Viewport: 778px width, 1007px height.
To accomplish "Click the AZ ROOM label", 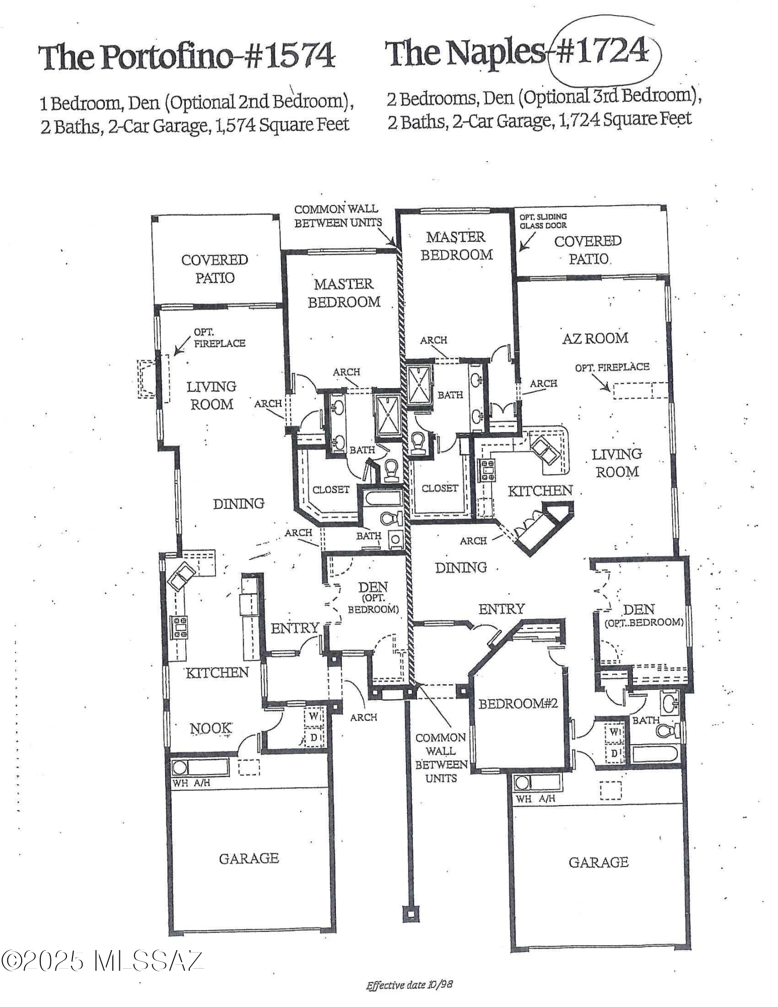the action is [x=595, y=338].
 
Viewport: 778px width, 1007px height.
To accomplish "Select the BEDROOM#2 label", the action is [x=518, y=703].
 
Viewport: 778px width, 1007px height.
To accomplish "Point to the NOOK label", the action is [x=211, y=728].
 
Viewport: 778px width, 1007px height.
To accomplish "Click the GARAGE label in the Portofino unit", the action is [x=249, y=858].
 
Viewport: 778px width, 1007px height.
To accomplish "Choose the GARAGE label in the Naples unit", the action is [x=598, y=862].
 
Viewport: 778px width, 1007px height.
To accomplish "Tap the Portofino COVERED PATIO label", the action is [x=215, y=268].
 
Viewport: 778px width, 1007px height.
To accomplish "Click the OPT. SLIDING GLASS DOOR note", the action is [x=543, y=221].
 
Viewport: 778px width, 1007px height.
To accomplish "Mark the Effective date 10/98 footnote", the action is [x=409, y=984].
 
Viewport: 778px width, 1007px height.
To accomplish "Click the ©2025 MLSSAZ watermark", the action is [x=102, y=960].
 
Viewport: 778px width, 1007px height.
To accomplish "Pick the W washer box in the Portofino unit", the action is [x=313, y=715].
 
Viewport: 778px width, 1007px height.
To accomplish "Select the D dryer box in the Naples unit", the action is [x=614, y=754].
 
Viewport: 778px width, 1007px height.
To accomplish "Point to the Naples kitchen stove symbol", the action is [x=487, y=470].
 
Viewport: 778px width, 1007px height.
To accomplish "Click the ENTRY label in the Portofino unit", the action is [x=295, y=628].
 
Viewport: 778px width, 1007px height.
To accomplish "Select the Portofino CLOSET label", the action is [x=331, y=489].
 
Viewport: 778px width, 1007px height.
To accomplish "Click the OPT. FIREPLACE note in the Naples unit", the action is [x=612, y=367].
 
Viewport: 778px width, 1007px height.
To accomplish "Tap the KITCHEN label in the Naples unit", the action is [x=540, y=491].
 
